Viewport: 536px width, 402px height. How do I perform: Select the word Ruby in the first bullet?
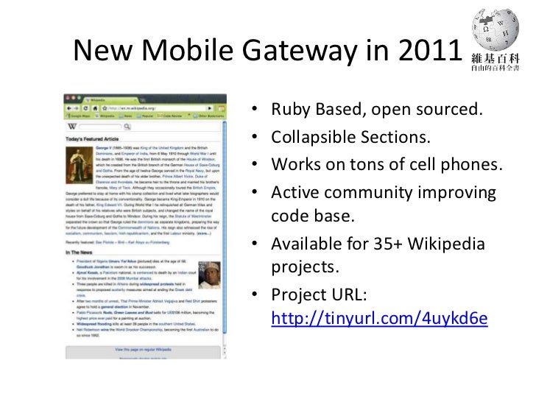click(x=289, y=112)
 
